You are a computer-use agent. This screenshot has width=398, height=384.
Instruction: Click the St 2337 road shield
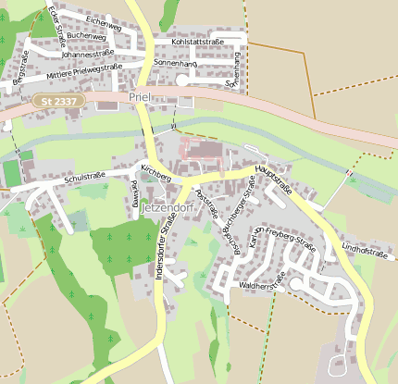58,99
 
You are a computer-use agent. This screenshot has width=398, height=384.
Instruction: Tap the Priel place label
140,97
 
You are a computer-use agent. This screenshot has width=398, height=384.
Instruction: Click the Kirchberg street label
155,173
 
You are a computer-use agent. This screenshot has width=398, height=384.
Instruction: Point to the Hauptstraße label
274,180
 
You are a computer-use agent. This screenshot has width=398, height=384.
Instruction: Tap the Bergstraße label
19,69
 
